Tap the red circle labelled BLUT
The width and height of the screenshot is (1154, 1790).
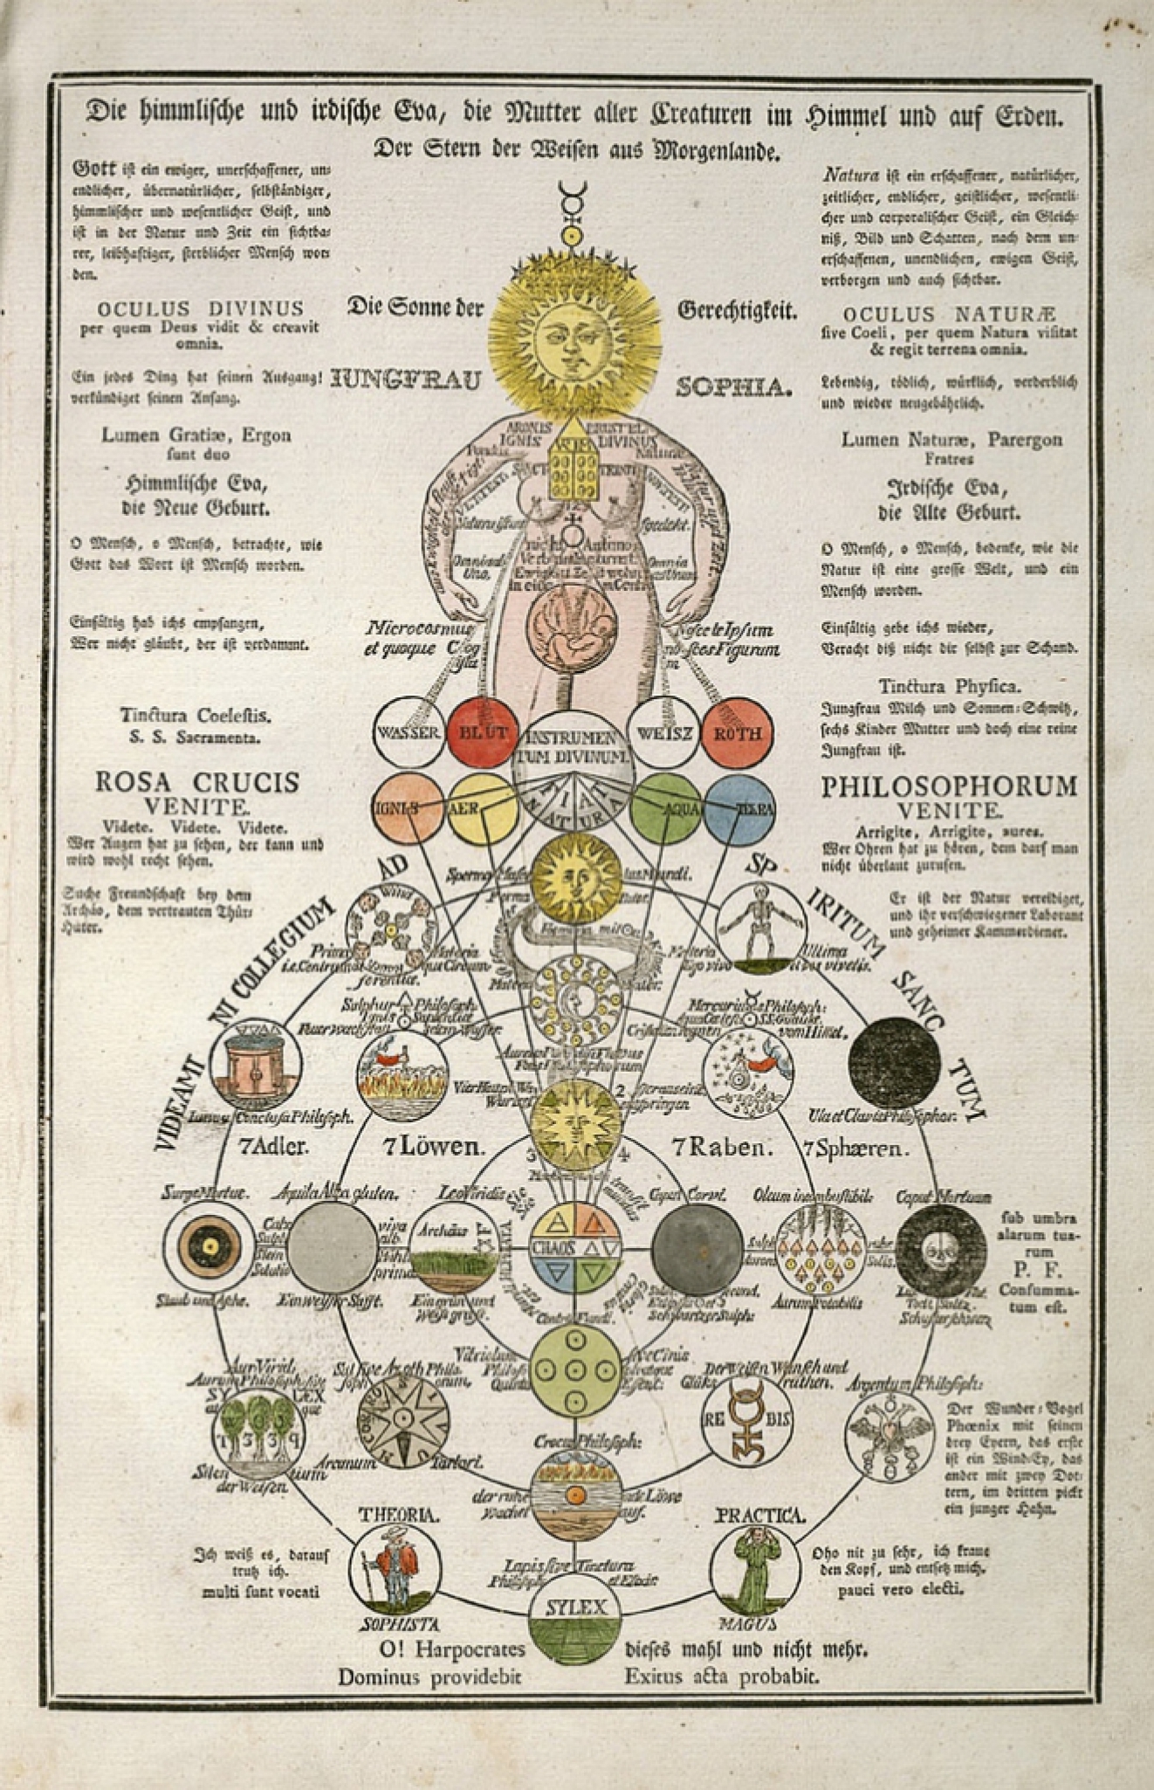tap(477, 733)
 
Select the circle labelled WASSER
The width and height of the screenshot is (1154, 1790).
tap(408, 733)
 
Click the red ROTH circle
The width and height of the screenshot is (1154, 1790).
tap(738, 733)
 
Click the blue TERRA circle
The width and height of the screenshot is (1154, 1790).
tap(739, 807)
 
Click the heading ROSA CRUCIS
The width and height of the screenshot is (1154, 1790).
tap(196, 782)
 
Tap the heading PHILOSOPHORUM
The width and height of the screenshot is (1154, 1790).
tap(949, 786)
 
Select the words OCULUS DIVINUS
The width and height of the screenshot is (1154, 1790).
tap(200, 309)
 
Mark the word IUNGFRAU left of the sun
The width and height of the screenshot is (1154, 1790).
tap(408, 381)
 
